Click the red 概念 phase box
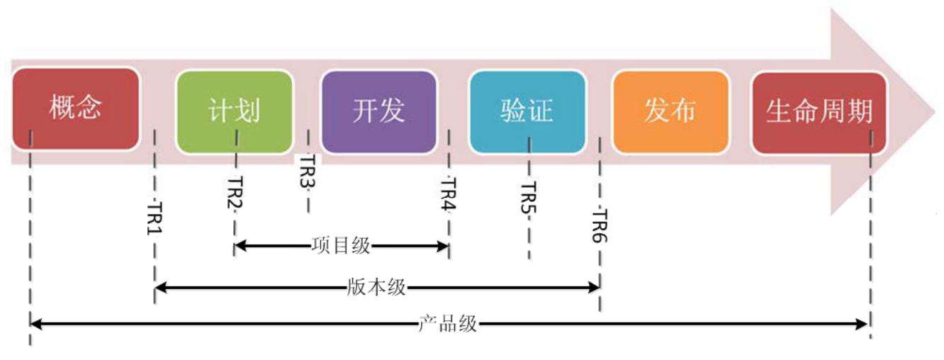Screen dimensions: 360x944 tap(76, 109)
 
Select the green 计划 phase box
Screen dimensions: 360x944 tap(234, 111)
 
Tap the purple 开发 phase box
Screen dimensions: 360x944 tap(378, 111)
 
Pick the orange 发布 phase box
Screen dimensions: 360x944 tap(670, 111)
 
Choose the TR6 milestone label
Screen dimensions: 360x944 tap(600, 226)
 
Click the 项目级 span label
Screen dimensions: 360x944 tap(341, 246)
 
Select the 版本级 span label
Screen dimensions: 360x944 tap(377, 287)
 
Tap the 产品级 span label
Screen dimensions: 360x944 tap(448, 325)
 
